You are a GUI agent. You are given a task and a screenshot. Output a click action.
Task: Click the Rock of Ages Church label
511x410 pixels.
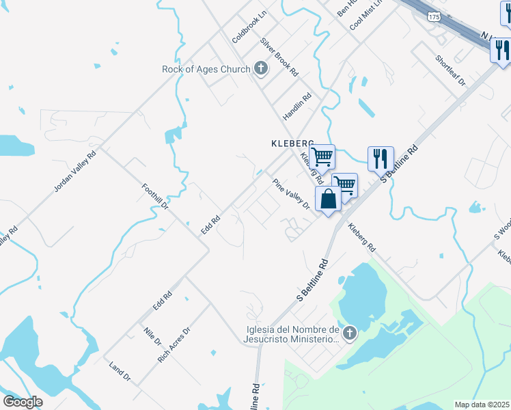coord(206,68)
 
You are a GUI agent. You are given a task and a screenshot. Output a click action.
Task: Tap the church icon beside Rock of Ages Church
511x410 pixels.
coord(260,68)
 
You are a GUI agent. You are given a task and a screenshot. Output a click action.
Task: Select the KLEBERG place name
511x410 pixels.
coord(292,143)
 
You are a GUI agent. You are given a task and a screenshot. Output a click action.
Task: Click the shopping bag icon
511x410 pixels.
coord(329,200)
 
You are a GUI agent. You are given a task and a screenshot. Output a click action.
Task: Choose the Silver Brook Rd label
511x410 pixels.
coord(279,56)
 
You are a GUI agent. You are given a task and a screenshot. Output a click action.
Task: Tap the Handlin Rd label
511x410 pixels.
coord(297,105)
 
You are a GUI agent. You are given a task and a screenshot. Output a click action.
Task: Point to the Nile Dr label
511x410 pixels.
coord(152,336)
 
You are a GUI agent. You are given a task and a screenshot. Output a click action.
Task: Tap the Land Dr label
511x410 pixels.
coord(120,370)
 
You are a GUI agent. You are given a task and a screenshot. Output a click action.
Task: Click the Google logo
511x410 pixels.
coord(23,402)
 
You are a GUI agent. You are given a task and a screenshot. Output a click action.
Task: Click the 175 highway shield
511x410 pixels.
coord(433,15)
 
